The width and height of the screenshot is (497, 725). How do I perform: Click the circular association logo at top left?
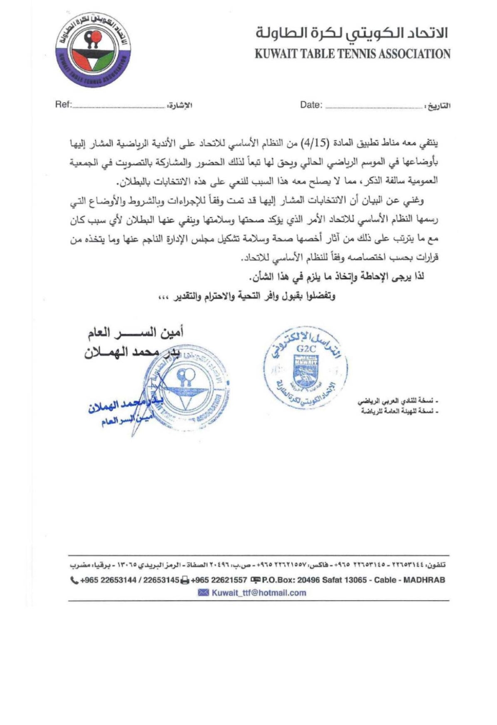(x=93, y=49)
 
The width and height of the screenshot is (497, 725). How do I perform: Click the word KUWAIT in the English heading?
(x=276, y=54)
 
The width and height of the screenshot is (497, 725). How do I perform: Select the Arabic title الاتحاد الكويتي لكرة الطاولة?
(x=352, y=33)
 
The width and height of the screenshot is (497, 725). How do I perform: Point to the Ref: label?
(x=63, y=105)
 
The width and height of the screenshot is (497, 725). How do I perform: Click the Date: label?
(x=311, y=105)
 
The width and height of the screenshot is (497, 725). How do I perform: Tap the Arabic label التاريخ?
(x=439, y=106)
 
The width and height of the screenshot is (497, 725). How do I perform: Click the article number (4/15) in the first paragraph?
(x=314, y=144)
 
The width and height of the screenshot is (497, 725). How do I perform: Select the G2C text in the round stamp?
(x=306, y=348)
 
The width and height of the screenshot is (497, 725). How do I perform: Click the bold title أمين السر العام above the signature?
(x=135, y=331)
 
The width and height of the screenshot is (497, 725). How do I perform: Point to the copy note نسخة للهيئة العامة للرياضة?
(x=399, y=411)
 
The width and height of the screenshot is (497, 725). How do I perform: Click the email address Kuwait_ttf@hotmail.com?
(x=259, y=592)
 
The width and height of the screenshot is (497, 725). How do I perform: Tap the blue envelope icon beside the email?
(x=204, y=592)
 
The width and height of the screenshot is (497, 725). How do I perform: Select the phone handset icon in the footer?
(x=74, y=580)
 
